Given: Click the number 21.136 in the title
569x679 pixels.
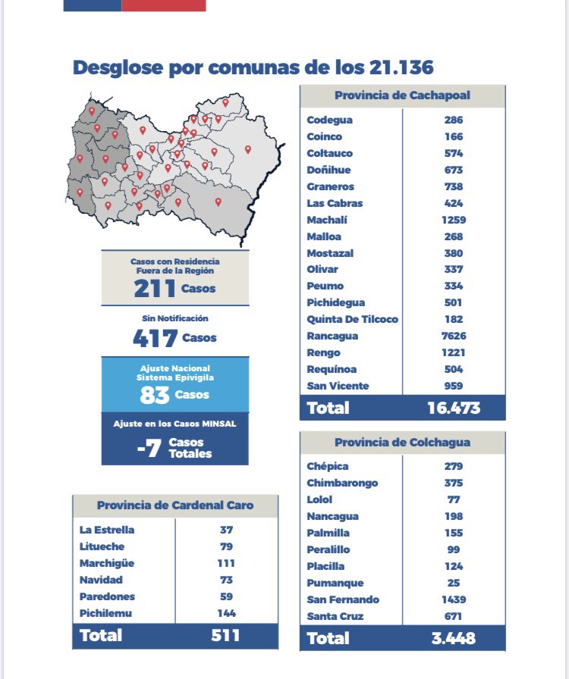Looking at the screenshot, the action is [401, 67].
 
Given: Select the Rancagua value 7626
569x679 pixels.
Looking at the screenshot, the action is [454, 336].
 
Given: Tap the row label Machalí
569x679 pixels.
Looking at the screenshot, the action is [326, 220].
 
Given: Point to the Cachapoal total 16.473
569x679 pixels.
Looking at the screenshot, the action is [454, 408].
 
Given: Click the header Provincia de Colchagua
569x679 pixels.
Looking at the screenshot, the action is [402, 442].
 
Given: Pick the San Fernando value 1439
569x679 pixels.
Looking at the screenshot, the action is [454, 599].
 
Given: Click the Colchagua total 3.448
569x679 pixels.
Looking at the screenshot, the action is [454, 638].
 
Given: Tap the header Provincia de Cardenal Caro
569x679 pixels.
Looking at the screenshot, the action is [175, 505].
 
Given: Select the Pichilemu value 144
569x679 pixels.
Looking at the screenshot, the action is [226, 613].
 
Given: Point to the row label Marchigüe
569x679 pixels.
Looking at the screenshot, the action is [107, 563].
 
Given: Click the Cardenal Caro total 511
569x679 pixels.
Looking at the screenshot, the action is [225, 635].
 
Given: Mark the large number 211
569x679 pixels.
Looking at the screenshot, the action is [155, 289].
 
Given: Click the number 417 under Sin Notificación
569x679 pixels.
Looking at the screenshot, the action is [156, 338].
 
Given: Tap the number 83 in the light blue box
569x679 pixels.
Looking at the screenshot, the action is [155, 395].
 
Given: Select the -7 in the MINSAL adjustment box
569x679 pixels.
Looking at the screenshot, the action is [149, 448].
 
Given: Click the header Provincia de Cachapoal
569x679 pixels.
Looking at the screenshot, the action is [402, 95].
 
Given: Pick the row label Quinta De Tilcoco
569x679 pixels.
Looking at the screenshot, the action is [352, 319].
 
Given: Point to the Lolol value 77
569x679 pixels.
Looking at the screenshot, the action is [454, 499].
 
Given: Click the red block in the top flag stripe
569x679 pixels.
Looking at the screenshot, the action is [164, 5].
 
